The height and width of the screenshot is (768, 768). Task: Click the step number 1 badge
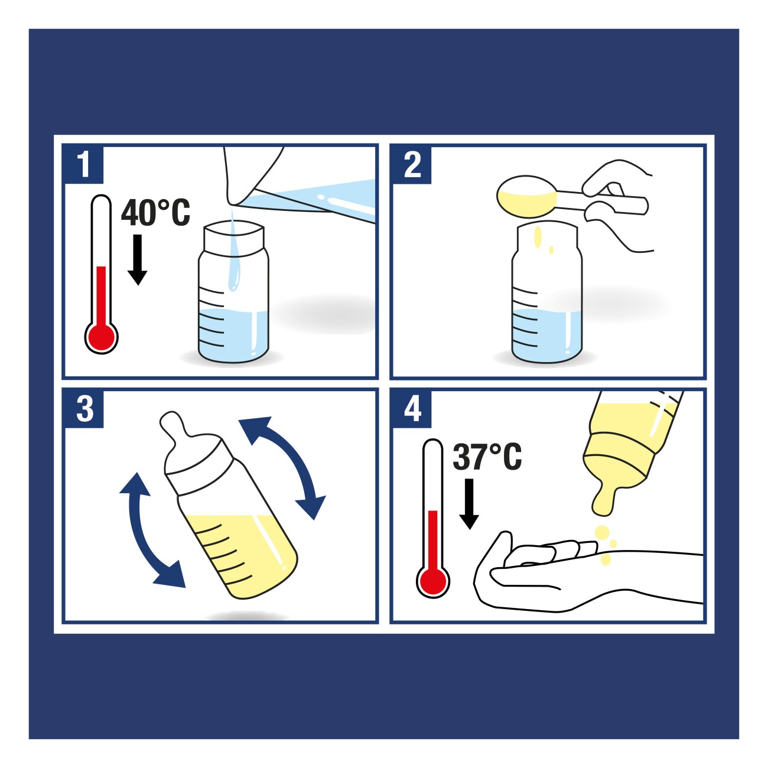83,164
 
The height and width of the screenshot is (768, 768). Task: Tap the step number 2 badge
412,164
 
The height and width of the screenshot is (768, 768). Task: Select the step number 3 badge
84,408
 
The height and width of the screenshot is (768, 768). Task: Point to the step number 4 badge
412,408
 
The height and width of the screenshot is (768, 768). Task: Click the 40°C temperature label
155,213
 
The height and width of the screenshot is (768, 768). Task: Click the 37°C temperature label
487,457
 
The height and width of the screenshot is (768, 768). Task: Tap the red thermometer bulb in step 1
101,337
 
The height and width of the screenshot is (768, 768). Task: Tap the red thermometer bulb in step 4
433,581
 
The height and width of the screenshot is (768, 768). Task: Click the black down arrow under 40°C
138,260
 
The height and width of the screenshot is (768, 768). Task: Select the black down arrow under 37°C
469,504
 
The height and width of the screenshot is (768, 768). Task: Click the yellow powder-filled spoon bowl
527,197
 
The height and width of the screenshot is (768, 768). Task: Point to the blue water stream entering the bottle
233,255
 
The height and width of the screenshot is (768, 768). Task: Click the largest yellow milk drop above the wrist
601,533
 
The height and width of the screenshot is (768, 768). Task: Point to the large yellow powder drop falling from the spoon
538,237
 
